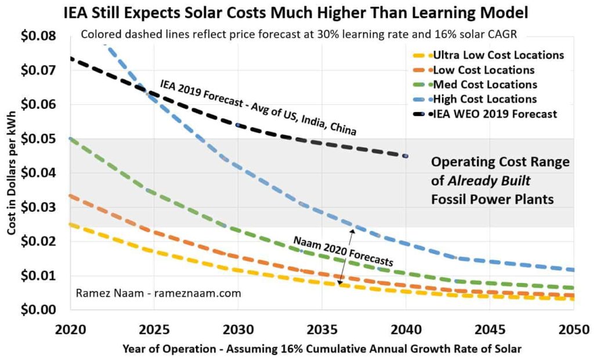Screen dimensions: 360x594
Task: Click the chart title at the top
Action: tap(296, 13)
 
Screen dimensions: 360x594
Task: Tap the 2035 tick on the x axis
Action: tap(322, 330)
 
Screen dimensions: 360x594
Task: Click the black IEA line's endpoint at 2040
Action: tap(405, 156)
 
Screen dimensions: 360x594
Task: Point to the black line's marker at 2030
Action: tap(238, 125)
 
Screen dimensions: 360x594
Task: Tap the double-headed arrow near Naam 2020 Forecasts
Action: tap(346, 257)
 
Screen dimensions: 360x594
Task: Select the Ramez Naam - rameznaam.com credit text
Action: tap(158, 293)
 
